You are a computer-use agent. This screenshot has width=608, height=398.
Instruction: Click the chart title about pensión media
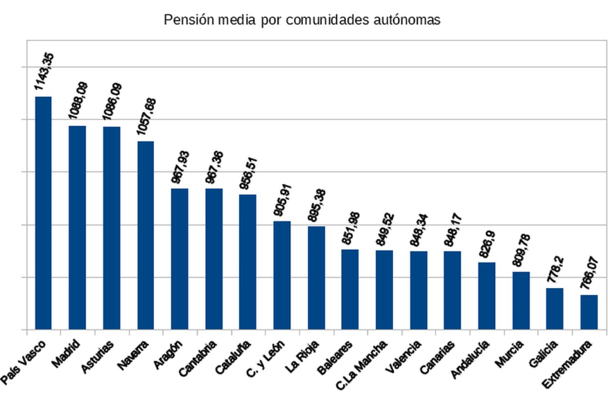click(x=302, y=20)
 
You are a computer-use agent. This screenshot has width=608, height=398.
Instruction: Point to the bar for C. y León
click(x=282, y=275)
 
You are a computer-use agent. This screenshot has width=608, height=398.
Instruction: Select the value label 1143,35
click(x=44, y=71)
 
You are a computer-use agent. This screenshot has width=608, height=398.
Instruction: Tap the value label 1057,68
click(x=147, y=115)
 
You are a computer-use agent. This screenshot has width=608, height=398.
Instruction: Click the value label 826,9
click(x=487, y=242)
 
